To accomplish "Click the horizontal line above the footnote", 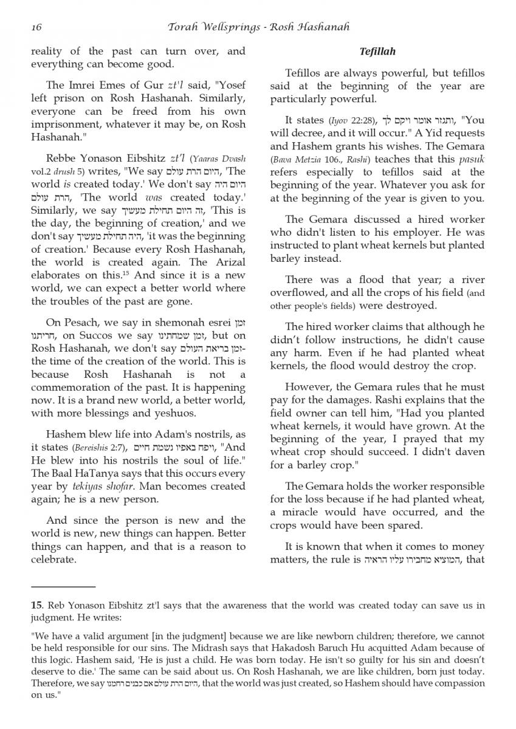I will (x=63, y=587).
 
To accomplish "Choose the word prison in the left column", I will (x=71, y=98).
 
